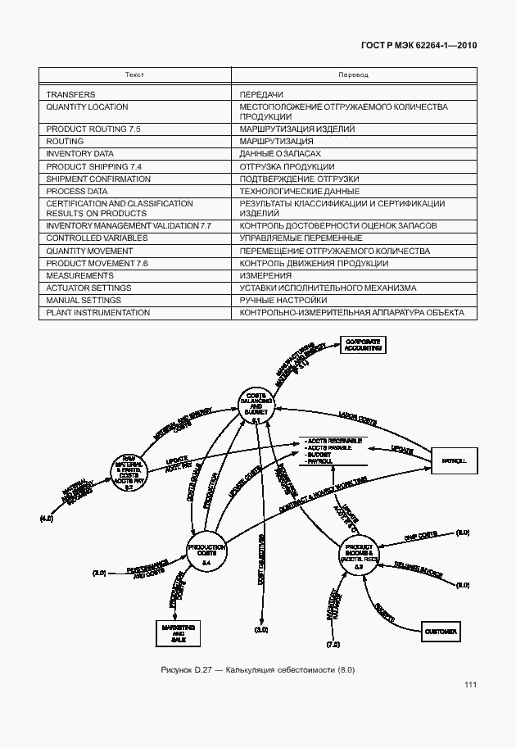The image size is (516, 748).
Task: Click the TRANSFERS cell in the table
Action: pos(70,95)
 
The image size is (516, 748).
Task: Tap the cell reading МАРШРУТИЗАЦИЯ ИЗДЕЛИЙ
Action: pos(296,129)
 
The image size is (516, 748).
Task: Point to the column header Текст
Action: pos(135,75)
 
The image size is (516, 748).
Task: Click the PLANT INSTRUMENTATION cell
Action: pos(97,312)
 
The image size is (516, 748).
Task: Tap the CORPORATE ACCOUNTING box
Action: pos(362,344)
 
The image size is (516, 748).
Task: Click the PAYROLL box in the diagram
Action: pos(454,461)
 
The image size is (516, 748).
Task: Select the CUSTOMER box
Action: pos(441,632)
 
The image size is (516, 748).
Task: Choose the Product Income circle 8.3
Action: pos(360,555)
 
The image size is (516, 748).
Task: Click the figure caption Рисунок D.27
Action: pos(257,671)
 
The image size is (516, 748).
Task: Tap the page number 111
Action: pos(469,685)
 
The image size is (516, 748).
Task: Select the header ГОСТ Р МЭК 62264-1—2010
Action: pos(418,45)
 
